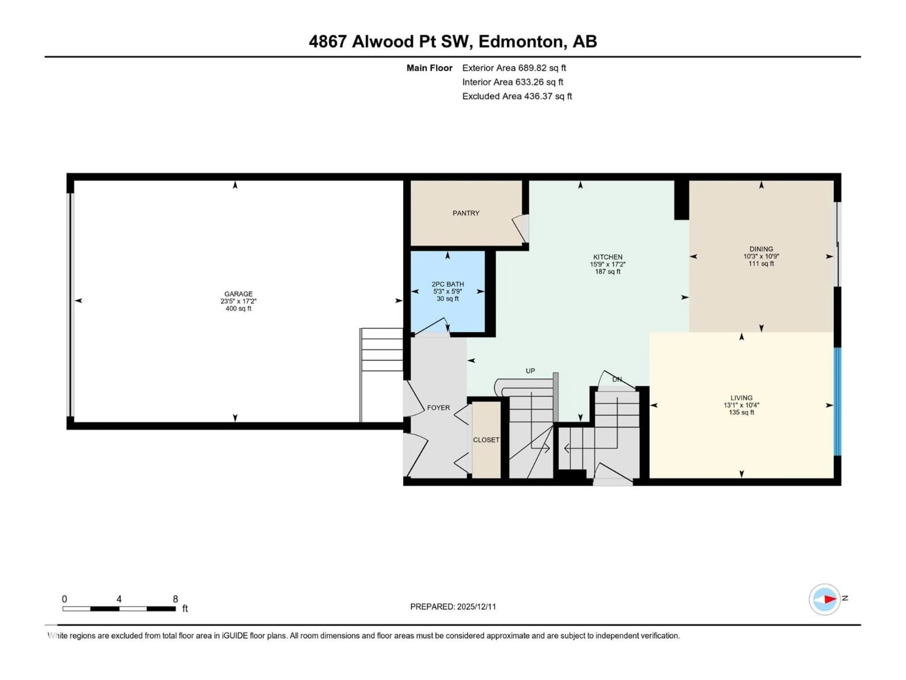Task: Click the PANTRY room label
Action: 466,213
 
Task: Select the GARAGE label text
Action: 238,294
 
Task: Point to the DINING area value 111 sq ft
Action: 761,263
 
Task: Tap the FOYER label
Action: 438,408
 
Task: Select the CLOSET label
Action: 486,440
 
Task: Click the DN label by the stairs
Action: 617,380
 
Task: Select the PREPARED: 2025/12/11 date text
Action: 453,607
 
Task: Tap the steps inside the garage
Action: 382,350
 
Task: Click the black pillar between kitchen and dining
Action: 681,200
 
